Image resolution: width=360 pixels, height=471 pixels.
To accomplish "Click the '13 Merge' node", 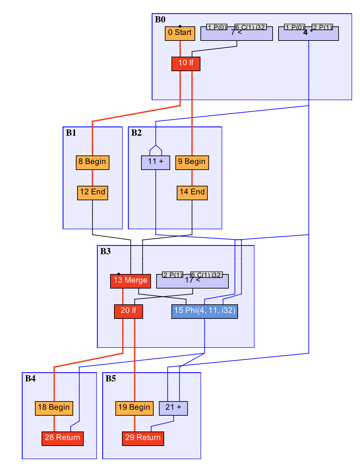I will [131, 281].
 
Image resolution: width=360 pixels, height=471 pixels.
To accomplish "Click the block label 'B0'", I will [160, 19].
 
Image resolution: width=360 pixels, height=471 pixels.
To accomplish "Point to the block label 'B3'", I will [105, 251].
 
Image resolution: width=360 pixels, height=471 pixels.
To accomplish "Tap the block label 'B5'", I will [111, 378].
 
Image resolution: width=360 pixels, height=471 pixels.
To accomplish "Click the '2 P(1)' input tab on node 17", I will [172, 275].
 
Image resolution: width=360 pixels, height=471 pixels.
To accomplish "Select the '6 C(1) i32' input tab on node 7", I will [251, 27].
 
